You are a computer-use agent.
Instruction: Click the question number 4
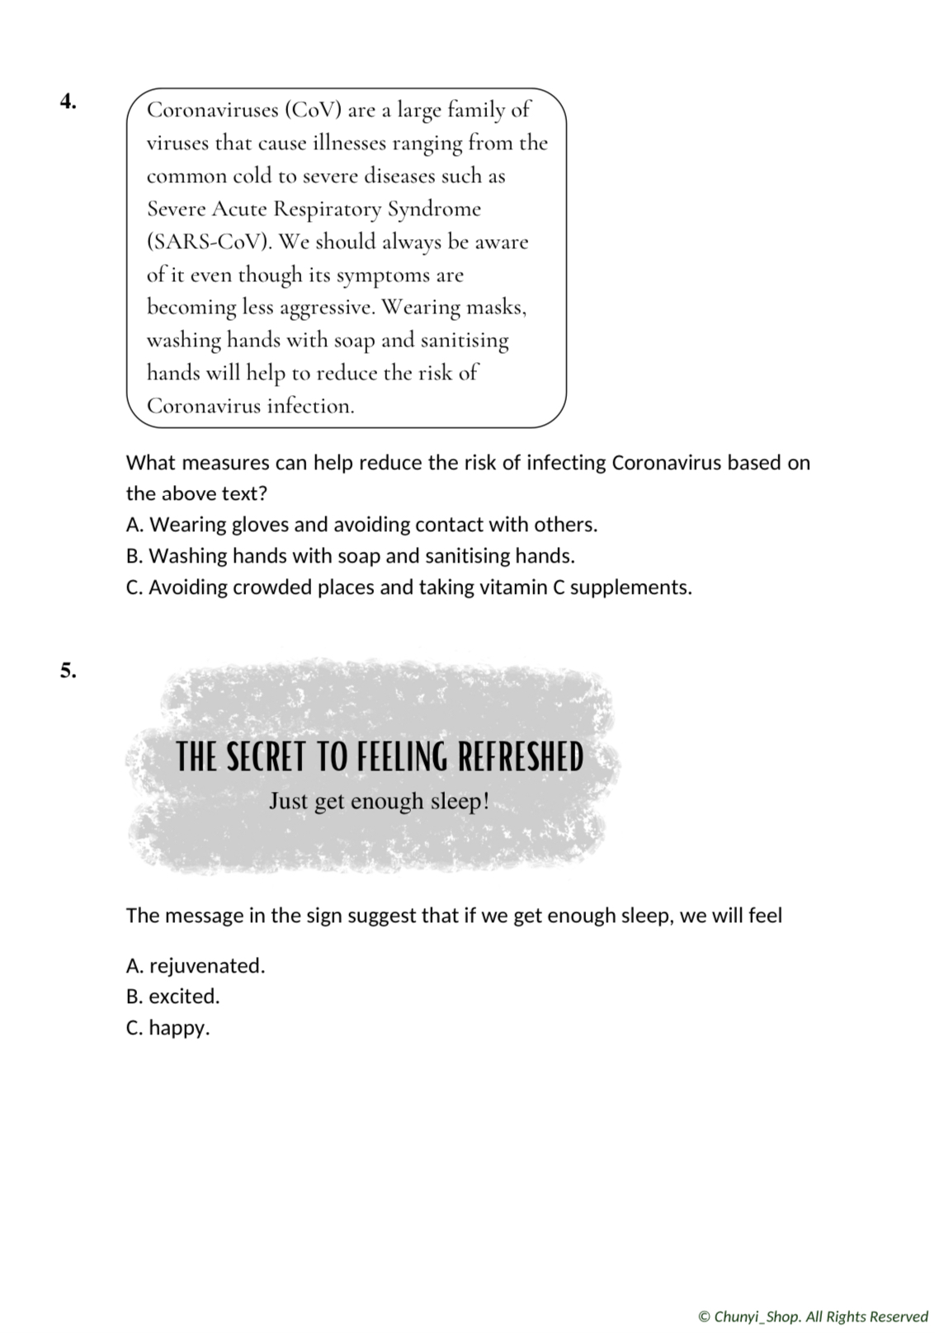pos(68,101)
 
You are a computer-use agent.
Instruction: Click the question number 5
pos(68,671)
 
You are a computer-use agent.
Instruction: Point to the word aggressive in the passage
pos(327,308)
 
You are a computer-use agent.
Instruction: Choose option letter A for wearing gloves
pos(135,525)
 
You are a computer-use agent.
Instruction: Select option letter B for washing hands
pos(135,556)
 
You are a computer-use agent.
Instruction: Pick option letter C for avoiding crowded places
pos(135,587)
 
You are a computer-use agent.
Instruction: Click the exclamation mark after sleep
pos(485,801)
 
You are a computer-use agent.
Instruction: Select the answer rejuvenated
pos(206,966)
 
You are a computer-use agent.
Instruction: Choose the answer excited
pos(184,996)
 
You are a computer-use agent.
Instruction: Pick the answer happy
pos(179,1028)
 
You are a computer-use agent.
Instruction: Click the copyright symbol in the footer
pos(704,1317)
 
